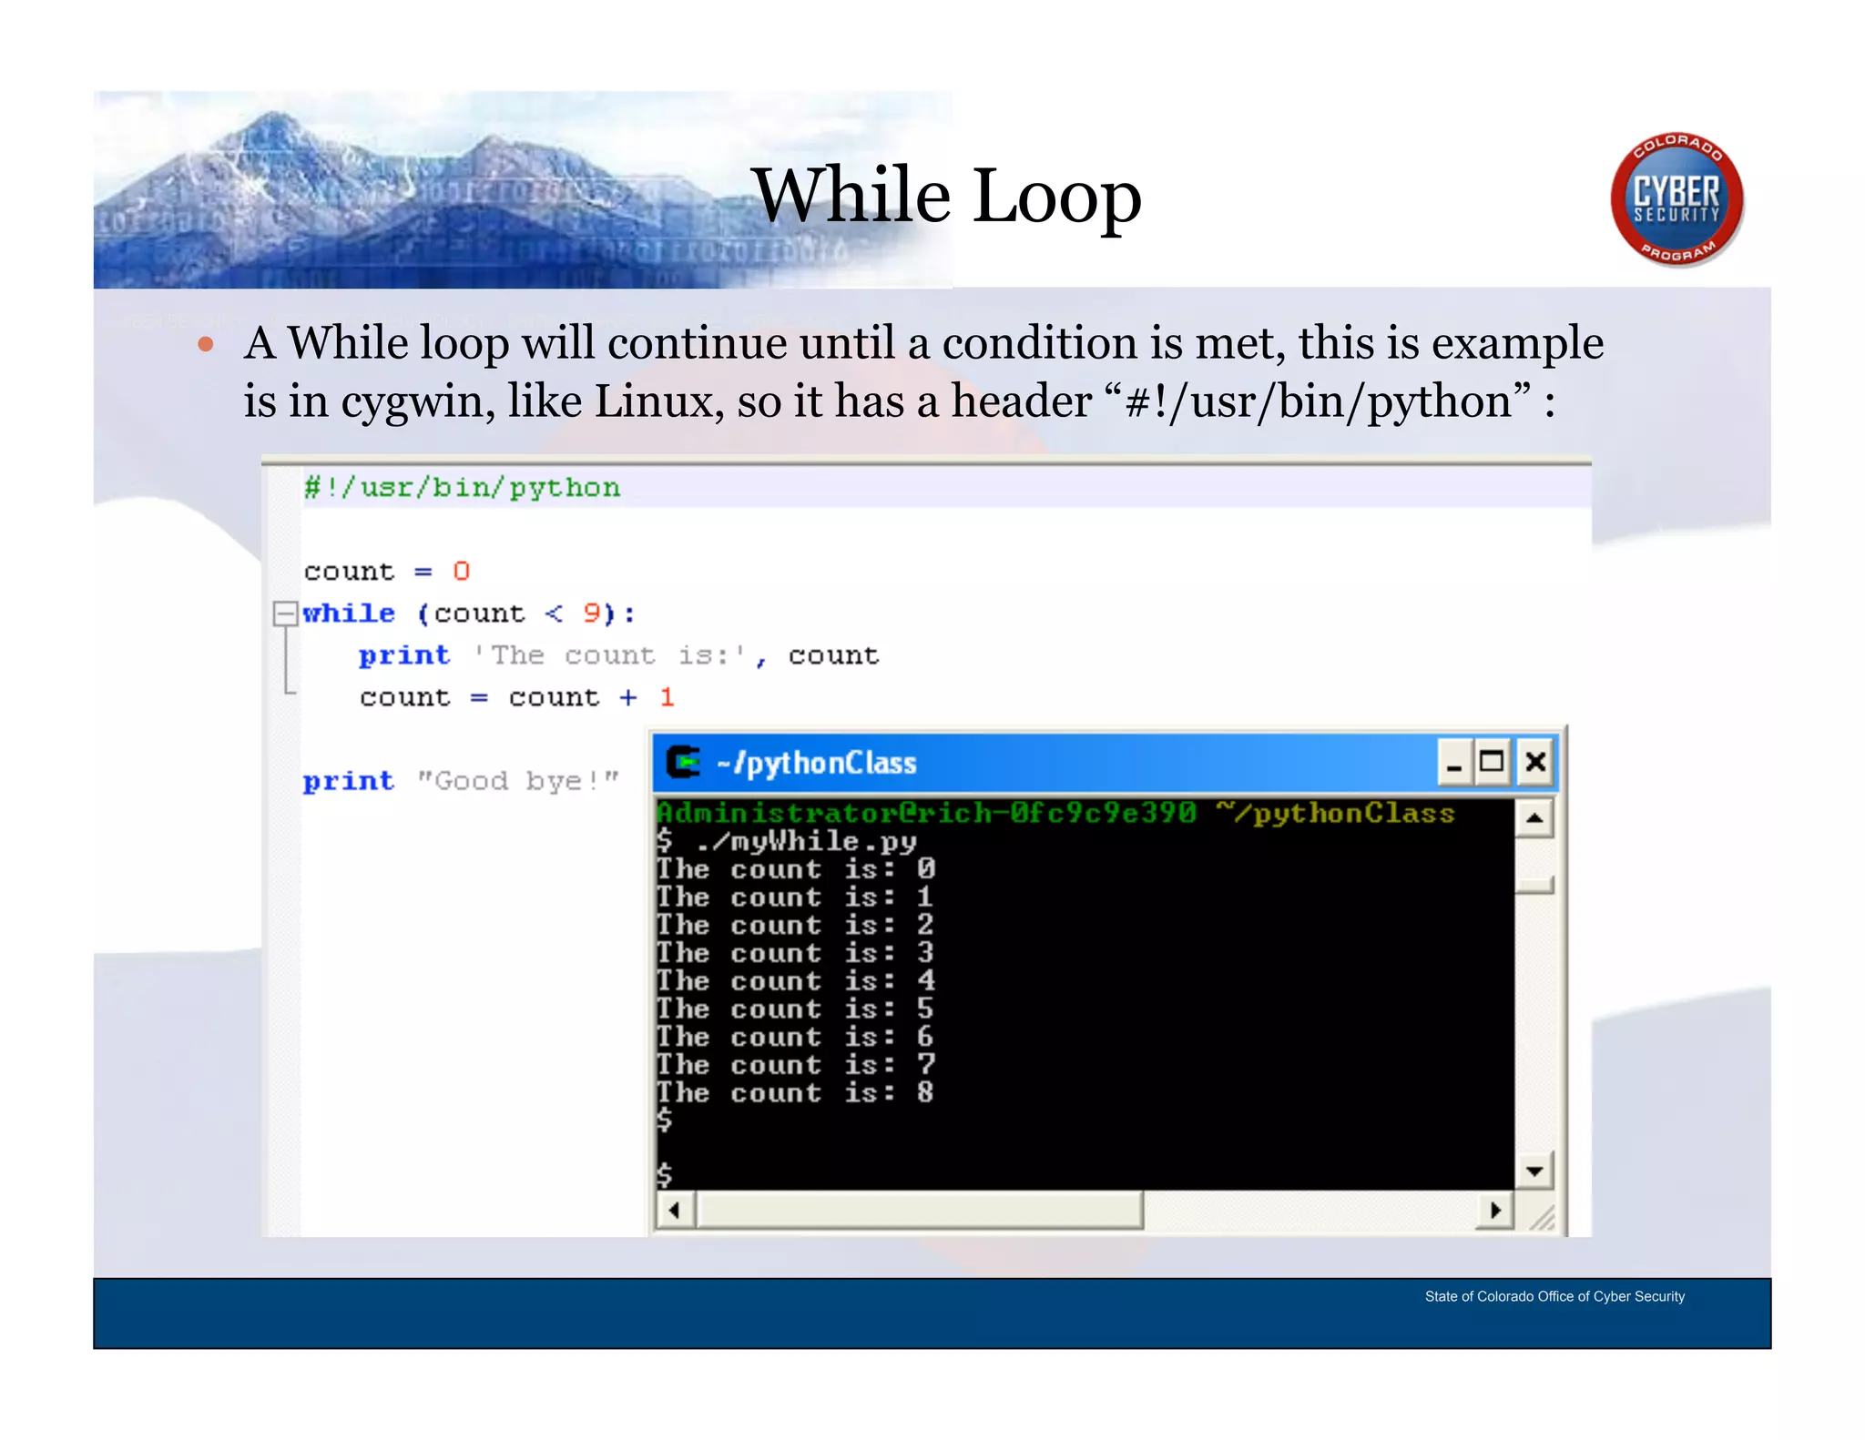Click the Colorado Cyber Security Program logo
pyautogui.click(x=1676, y=199)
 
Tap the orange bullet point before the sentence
pyautogui.click(x=206, y=345)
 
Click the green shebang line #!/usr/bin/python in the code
pyautogui.click(x=462, y=488)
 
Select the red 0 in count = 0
pyautogui.click(x=461, y=572)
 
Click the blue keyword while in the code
pyautogui.click(x=349, y=614)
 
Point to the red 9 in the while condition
pyautogui.click(x=592, y=614)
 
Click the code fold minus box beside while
pyautogui.click(x=285, y=614)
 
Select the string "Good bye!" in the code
pyautogui.click(x=517, y=781)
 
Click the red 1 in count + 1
pyautogui.click(x=667, y=698)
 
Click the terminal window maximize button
pyautogui.click(x=1492, y=762)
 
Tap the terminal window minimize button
pyautogui.click(x=1454, y=762)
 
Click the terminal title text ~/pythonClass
pyautogui.click(x=817, y=763)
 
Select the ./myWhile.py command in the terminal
pyautogui.click(x=806, y=841)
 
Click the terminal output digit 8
pyautogui.click(x=925, y=1092)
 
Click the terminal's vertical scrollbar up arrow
pyautogui.click(x=1534, y=818)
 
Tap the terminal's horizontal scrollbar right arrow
pyautogui.click(x=1494, y=1211)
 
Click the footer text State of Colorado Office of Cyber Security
pyautogui.click(x=1554, y=1296)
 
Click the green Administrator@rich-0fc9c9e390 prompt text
pyautogui.click(x=926, y=813)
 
